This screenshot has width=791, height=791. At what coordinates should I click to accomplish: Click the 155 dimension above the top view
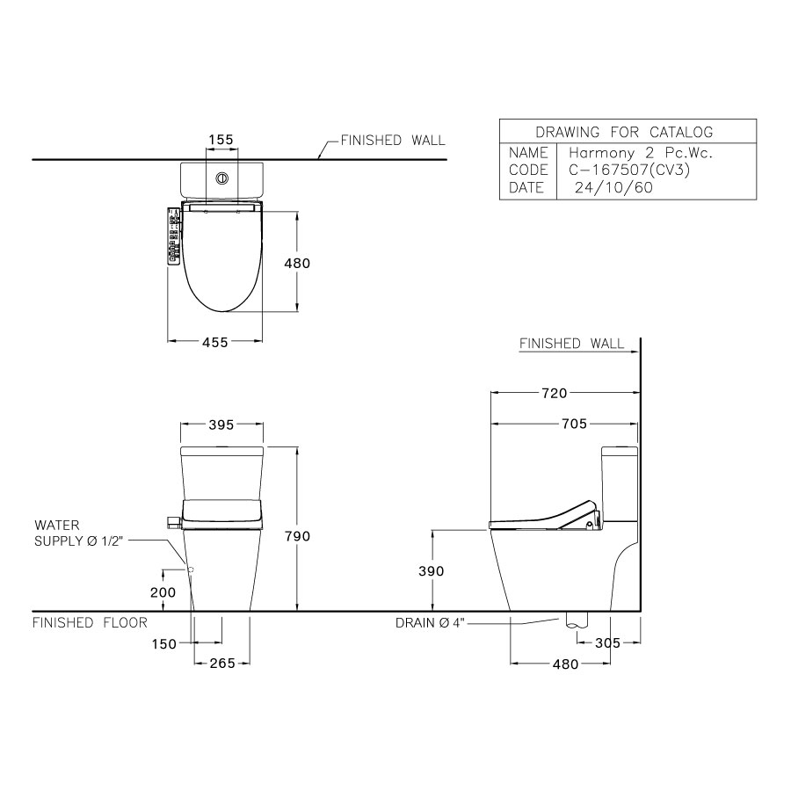221,140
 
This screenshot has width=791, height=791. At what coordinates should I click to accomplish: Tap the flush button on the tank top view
222,178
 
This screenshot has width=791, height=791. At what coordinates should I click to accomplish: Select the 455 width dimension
216,343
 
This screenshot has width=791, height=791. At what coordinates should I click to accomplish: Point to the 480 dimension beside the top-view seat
297,263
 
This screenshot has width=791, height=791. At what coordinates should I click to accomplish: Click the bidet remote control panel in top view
172,236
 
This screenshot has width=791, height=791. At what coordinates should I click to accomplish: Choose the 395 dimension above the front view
221,425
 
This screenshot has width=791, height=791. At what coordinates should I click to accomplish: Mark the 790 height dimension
297,536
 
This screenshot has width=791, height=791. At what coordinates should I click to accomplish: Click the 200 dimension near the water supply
163,592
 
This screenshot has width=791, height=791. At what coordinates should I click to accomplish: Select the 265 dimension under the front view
222,664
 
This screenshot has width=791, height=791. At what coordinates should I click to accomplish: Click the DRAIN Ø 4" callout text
429,623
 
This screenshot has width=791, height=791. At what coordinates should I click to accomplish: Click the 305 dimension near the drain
606,643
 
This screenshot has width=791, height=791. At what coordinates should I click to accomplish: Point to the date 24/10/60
613,187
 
